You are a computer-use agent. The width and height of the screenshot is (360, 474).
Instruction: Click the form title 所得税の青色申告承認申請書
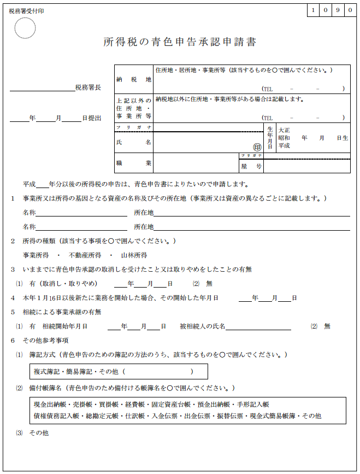tap(180, 42)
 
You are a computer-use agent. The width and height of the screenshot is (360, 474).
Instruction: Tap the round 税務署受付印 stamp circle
tap(25, 28)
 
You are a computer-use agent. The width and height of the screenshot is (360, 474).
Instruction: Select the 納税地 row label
tap(133, 79)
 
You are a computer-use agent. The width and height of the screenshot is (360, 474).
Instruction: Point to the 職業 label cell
tap(133, 163)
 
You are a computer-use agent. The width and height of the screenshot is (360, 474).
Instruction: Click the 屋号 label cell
tap(251, 166)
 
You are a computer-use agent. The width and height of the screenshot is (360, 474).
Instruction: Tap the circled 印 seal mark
tap(257, 147)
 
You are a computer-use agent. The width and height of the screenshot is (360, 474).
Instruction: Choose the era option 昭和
tap(284, 138)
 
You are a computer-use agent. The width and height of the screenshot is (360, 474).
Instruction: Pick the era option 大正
tap(284, 131)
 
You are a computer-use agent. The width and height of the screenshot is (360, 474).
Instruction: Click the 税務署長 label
tap(88, 87)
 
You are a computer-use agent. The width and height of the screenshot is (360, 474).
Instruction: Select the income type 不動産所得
tap(85, 255)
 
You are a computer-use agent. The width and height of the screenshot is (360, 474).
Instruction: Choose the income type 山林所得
tap(134, 255)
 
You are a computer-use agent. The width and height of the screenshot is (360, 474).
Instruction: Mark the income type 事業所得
tap(36, 255)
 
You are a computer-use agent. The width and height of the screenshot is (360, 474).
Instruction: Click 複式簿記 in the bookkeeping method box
tap(47, 372)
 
